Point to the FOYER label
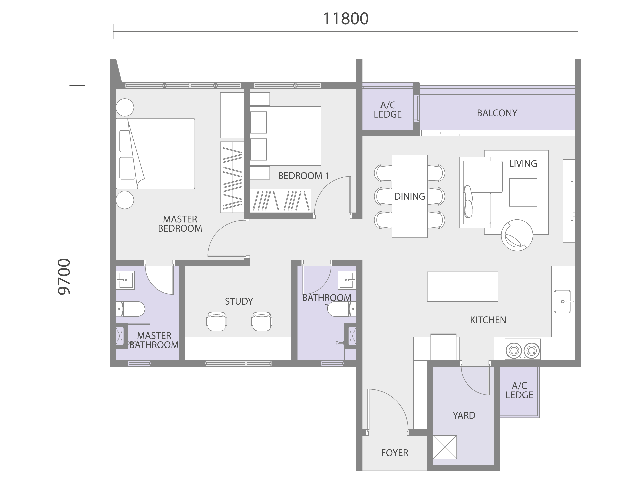pyautogui.click(x=395, y=453)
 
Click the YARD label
pyautogui.click(x=464, y=415)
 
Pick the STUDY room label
pyautogui.click(x=239, y=301)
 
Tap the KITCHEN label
pyautogui.click(x=488, y=320)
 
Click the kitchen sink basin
pyautogui.click(x=563, y=301)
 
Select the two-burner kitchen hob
pyautogui.click(x=523, y=349)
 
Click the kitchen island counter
pyautogui.click(x=462, y=287)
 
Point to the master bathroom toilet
pyautogui.click(x=130, y=309)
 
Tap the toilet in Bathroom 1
pyautogui.click(x=342, y=309)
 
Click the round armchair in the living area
pyautogui.click(x=517, y=235)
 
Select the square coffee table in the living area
pyautogui.click(x=523, y=193)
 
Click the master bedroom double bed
pyautogui.click(x=155, y=154)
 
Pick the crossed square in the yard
pyautogui.click(x=445, y=447)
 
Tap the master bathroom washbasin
pyautogui.click(x=125, y=280)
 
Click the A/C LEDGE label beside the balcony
pyautogui.click(x=388, y=110)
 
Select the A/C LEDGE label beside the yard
pyautogui.click(x=519, y=390)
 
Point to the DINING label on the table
pyautogui.click(x=409, y=196)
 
